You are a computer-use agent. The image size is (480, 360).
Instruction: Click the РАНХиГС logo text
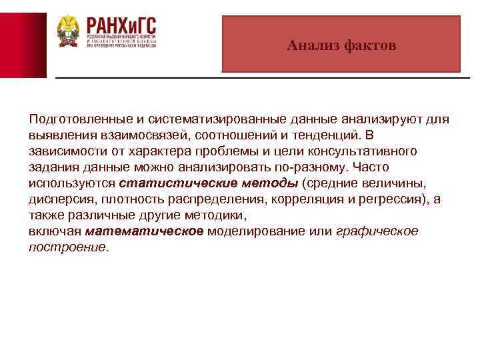coord(121,28)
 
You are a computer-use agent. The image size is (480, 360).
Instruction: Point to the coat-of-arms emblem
coord(67,31)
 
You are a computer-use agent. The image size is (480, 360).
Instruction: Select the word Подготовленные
coord(73,119)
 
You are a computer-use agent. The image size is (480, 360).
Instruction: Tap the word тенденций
coord(313,135)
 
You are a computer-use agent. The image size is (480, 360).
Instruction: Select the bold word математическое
coord(144,231)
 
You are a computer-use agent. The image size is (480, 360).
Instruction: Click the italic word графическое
coord(377,231)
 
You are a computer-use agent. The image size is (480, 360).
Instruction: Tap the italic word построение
coord(67,247)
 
